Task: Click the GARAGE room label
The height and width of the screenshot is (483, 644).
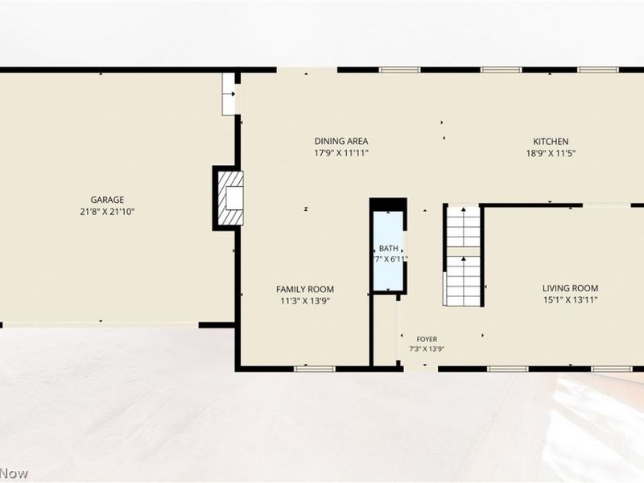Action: tap(107, 200)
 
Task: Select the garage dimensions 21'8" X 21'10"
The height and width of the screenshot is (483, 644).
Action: tap(107, 212)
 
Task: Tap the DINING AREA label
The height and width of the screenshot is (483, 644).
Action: tap(341, 142)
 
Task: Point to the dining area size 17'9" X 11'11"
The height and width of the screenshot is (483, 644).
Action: tap(341, 153)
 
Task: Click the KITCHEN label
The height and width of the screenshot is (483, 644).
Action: tap(551, 142)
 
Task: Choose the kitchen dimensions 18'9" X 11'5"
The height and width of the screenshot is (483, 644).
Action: tap(551, 154)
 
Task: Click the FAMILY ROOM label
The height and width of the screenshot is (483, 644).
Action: tap(305, 289)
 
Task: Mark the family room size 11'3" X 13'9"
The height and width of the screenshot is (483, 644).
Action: tap(305, 301)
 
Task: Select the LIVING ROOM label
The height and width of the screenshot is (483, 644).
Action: tap(570, 288)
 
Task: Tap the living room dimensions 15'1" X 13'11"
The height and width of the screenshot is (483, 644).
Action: tap(570, 299)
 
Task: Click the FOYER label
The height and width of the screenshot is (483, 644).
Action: tap(427, 339)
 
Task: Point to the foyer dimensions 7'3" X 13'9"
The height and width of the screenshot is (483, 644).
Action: tap(427, 349)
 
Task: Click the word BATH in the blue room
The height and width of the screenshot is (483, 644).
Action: tap(389, 249)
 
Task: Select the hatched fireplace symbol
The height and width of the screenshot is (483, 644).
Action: tap(230, 198)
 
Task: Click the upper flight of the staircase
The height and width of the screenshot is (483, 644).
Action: tap(464, 227)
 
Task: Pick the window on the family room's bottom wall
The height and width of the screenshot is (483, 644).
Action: tap(315, 369)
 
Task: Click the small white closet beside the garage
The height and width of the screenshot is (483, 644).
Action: tap(229, 94)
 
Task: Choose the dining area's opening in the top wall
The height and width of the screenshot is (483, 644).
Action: tap(307, 70)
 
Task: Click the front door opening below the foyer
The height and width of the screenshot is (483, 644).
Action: tap(420, 369)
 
